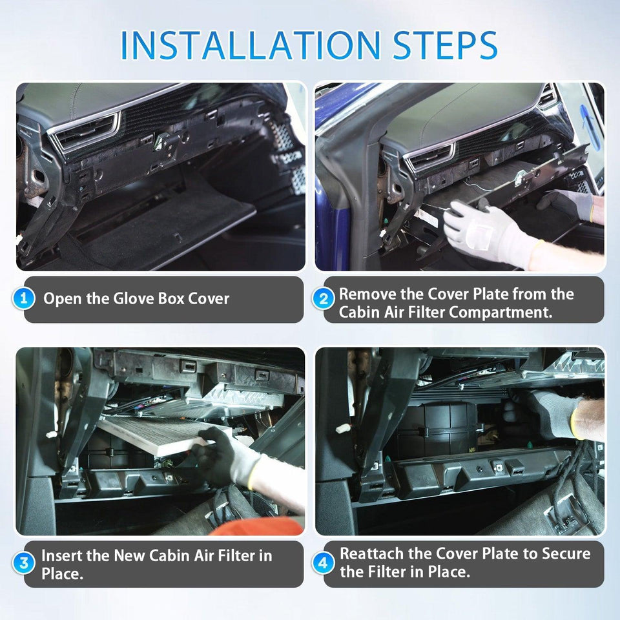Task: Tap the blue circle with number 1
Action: click(x=24, y=299)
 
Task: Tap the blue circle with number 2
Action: click(x=324, y=298)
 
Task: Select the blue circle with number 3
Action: click(x=24, y=563)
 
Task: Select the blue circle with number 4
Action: click(x=324, y=563)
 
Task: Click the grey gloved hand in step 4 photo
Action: click(x=555, y=413)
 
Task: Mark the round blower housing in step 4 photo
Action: click(x=446, y=426)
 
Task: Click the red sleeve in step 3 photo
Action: click(x=258, y=526)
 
